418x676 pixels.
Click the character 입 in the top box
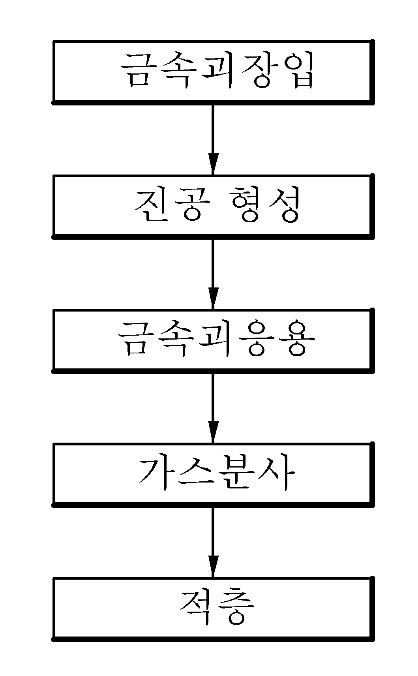point(296,71)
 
